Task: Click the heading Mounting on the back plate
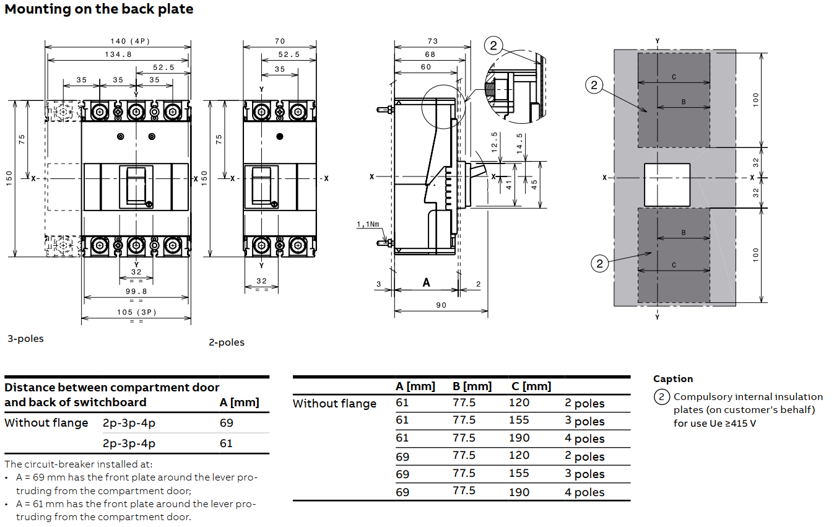[99, 9]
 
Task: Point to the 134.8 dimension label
[118, 54]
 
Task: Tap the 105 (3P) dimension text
[136, 312]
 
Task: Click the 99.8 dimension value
[136, 291]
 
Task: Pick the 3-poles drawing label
[25, 339]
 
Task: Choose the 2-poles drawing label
[226, 342]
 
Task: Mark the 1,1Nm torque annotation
[368, 224]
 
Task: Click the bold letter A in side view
[426, 282]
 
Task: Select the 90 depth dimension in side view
[440, 305]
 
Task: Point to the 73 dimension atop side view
[432, 41]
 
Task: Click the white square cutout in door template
[667, 185]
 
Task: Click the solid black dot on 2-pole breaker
[280, 136]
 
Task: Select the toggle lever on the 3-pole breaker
[136, 185]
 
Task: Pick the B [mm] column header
[472, 386]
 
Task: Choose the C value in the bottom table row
[519, 492]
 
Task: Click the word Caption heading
[673, 379]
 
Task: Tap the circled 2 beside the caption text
[662, 397]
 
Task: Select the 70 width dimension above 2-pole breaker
[280, 41]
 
